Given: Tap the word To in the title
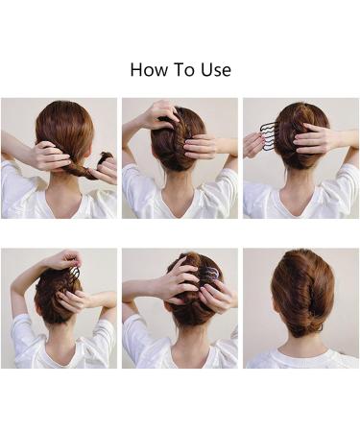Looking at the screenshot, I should point(183,70).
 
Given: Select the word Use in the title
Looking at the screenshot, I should point(215,70).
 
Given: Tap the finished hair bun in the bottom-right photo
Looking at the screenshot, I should point(302,292).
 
